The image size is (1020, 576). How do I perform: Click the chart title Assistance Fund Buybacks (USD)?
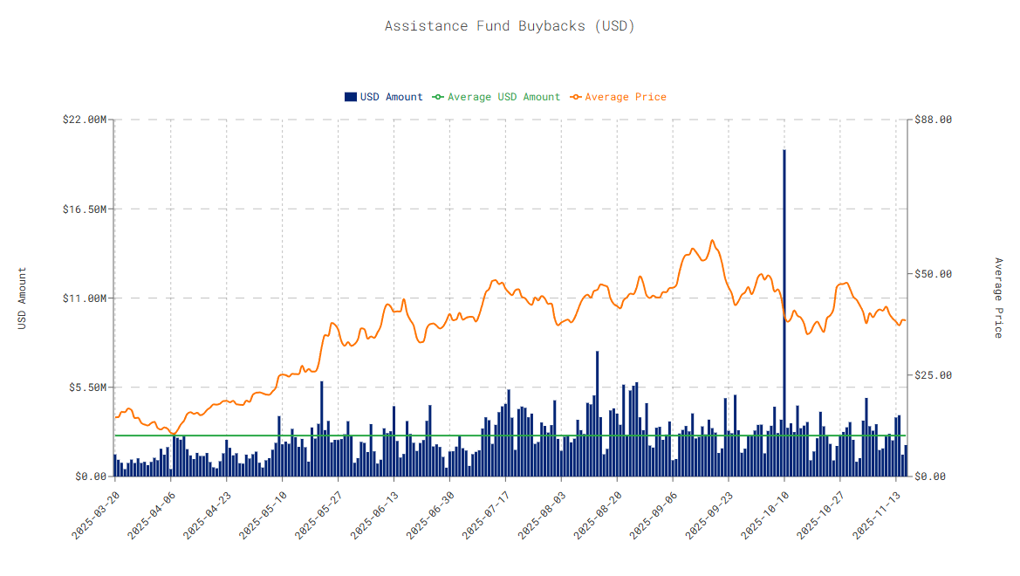coord(510,26)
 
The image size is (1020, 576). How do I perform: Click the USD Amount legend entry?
coord(384,97)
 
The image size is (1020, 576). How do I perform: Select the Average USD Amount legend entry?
coord(496,97)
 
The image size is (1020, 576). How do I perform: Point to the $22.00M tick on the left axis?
coord(86,120)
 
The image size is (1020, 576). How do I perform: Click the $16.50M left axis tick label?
coord(86,209)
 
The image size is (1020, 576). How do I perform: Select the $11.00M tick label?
coord(86,298)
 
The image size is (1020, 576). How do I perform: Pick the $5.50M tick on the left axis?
coord(88,387)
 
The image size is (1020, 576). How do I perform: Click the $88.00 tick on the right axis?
coord(932,120)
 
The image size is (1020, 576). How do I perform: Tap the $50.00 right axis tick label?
coord(932,274)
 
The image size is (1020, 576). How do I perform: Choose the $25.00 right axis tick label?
coord(932,375)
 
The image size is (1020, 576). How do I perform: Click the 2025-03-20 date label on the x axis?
coord(95,514)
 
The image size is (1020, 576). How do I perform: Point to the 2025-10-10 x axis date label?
coord(765,514)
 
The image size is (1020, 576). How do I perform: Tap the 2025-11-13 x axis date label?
coord(877,514)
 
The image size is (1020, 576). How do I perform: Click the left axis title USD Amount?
coord(23,298)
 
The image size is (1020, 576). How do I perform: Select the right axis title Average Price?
coord(998,298)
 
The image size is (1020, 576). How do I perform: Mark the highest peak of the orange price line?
coord(712,240)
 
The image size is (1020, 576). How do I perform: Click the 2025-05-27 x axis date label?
coord(318,514)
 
